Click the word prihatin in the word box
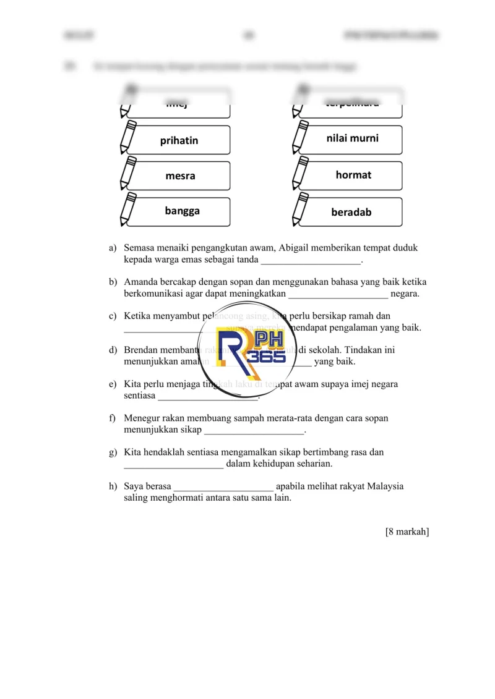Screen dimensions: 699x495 pyautogui.click(x=179, y=141)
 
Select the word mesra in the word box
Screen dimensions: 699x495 pyautogui.click(x=180, y=176)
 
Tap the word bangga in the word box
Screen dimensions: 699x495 pyautogui.click(x=182, y=211)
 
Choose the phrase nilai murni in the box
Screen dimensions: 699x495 pyautogui.click(x=352, y=138)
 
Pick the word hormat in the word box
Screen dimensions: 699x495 pyautogui.click(x=353, y=175)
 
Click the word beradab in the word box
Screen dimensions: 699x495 pyautogui.click(x=351, y=212)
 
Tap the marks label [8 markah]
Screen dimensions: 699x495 pyautogui.click(x=407, y=532)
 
